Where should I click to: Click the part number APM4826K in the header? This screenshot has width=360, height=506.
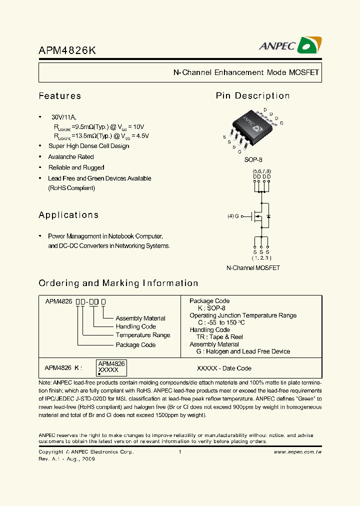67,50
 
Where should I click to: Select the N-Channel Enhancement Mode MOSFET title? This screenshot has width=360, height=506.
246,72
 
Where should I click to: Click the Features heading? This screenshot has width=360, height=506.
59,96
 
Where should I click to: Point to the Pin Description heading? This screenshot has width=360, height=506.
252,96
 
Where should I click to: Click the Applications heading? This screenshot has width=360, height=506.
68,215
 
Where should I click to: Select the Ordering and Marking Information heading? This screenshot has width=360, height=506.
118,283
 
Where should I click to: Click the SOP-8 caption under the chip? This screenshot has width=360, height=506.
253,160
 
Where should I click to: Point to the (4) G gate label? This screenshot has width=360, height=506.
233,216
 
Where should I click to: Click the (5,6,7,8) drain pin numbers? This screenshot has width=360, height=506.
261,171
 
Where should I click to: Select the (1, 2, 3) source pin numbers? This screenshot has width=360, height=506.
261,258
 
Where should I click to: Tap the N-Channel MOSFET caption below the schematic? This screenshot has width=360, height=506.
253,268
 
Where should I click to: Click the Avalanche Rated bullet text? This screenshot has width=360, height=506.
71,157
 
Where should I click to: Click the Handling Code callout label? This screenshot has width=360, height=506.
135,326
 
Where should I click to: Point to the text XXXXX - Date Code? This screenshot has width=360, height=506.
224,368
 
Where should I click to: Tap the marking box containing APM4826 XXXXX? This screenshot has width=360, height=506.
111,367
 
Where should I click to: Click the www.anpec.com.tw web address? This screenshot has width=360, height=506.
297,452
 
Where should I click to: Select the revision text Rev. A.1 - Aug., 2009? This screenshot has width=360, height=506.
66,458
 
